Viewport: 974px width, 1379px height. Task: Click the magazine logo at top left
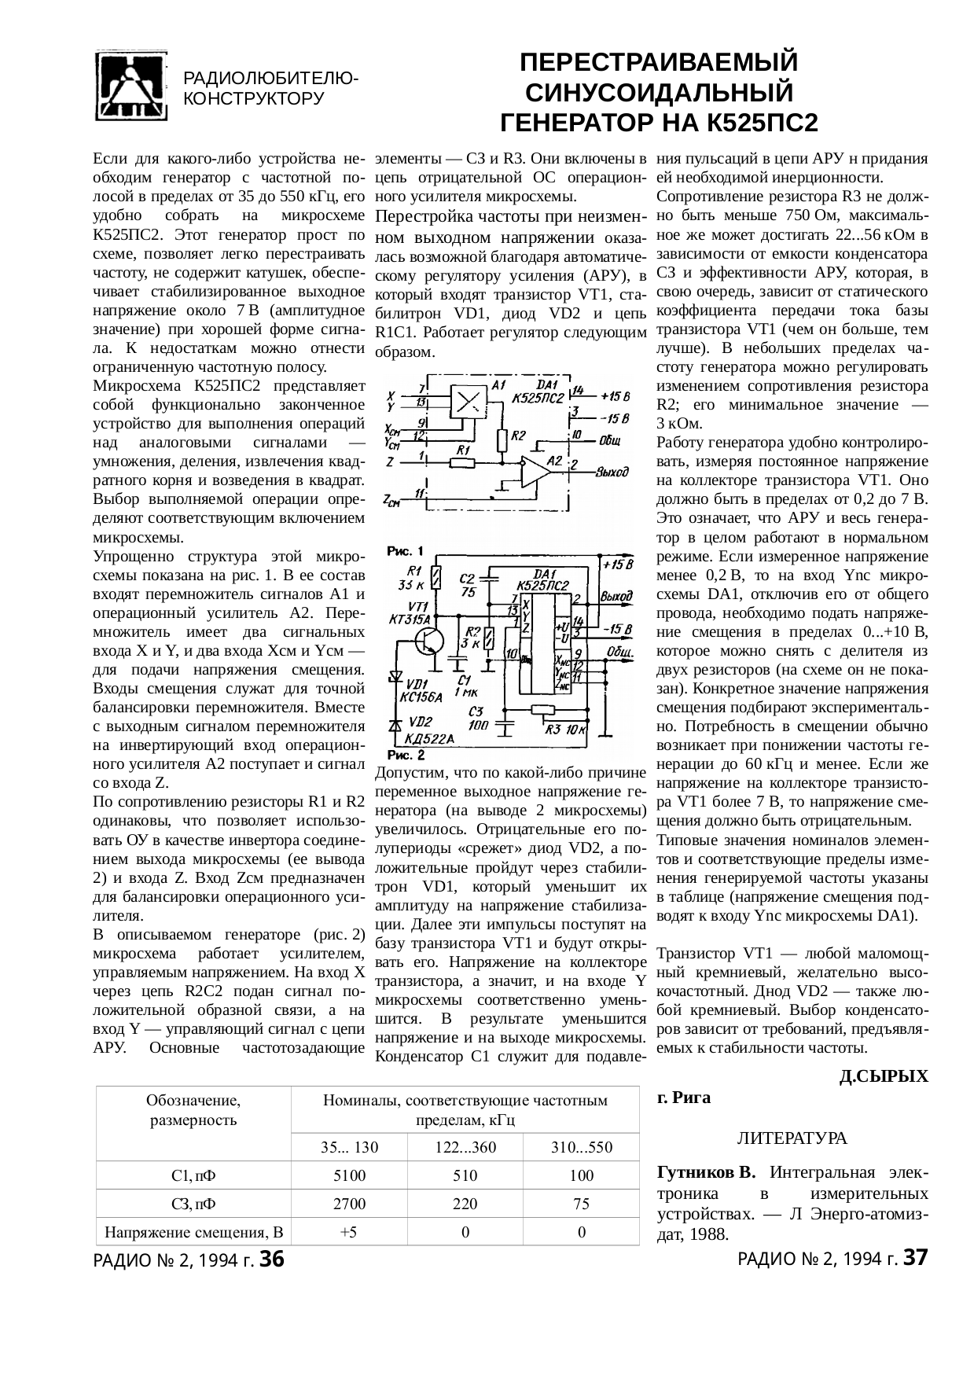131,87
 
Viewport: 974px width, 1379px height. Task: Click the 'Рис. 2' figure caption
407,756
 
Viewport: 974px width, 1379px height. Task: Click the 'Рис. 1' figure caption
407,550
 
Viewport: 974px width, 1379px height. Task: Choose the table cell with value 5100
349,1175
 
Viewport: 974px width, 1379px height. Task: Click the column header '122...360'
465,1147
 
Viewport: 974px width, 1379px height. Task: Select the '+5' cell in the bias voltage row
349,1232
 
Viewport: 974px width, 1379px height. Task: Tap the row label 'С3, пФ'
193,1204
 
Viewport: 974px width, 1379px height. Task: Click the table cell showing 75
581,1204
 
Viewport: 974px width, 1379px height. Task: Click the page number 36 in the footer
271,1259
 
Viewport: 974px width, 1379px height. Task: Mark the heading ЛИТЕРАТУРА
791,1138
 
